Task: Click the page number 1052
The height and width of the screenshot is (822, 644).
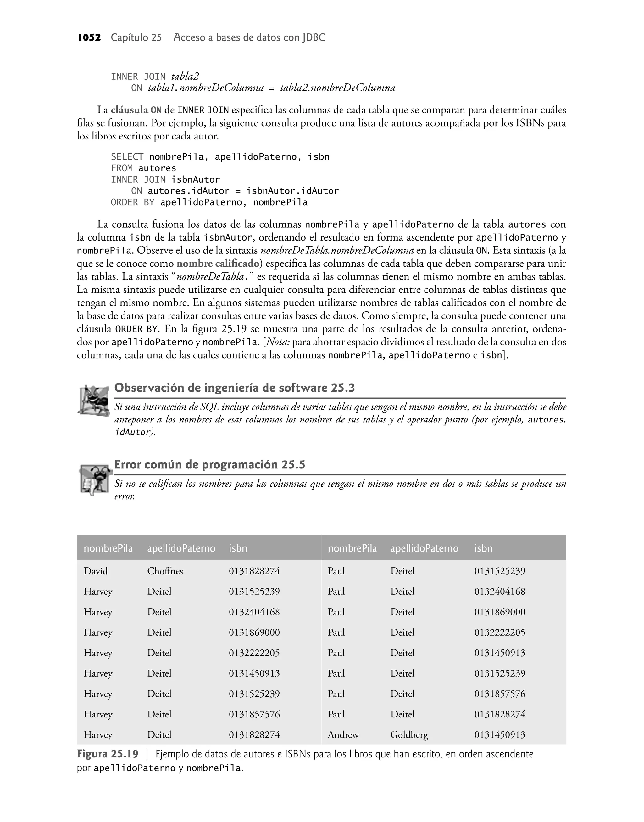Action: tap(89, 37)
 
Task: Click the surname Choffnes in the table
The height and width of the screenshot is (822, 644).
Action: tap(165, 571)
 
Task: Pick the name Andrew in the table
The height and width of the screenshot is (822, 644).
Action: tap(343, 734)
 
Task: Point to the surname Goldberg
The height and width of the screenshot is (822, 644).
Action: tap(409, 734)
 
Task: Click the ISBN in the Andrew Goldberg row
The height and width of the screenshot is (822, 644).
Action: tap(499, 734)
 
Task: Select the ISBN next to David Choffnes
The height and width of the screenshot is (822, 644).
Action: tap(254, 571)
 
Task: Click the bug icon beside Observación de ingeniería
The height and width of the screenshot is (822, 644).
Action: tap(93, 400)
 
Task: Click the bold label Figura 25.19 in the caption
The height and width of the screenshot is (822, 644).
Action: tap(108, 754)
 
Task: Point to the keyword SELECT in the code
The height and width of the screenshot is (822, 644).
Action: tap(127, 157)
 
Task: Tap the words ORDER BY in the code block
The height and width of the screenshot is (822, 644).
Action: tap(132, 202)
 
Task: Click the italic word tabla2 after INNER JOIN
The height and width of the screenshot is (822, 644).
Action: tap(185, 76)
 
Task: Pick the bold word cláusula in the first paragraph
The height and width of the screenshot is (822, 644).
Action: tap(129, 110)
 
